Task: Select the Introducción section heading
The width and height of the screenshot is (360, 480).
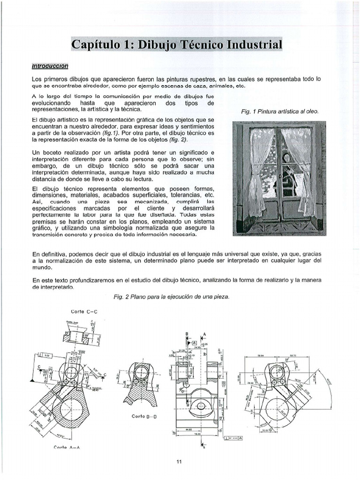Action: [x=50, y=66]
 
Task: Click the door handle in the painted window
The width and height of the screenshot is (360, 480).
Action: [x=279, y=177]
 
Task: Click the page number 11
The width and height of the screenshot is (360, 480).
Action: [x=179, y=462]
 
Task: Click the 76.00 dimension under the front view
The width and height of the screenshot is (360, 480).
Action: [x=198, y=434]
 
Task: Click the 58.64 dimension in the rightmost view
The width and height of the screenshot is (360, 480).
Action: [x=261, y=356]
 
